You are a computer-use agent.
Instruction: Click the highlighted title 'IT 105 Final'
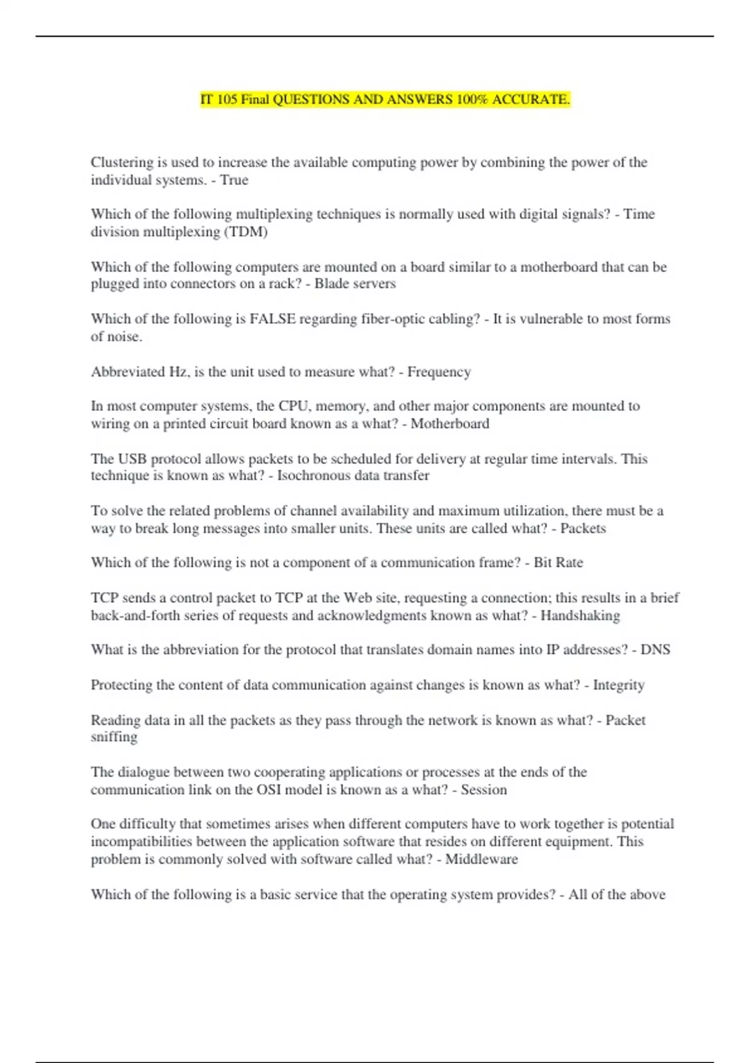[236, 99]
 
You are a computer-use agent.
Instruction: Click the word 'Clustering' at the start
[121, 163]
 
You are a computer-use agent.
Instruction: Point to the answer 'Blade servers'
[354, 284]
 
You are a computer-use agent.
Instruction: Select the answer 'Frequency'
[439, 372]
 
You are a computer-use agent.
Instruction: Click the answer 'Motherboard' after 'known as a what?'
[449, 424]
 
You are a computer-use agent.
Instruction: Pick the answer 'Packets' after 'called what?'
[582, 528]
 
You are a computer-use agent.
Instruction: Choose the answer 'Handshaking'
[580, 616]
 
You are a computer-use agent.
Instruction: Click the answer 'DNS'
[655, 650]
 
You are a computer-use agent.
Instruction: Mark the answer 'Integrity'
[618, 685]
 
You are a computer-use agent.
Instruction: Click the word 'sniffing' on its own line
[114, 737]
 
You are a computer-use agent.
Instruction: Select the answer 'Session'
[484, 790]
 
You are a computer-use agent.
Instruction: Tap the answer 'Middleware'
[481, 859]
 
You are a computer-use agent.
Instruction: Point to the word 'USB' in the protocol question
[132, 459]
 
